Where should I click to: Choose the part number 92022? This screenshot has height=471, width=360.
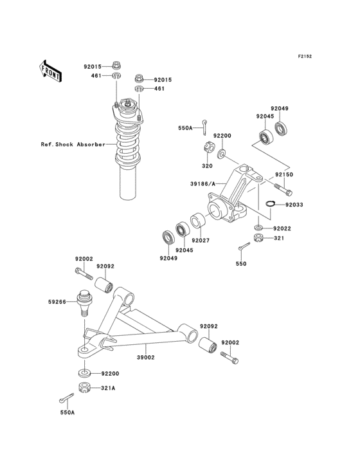281,228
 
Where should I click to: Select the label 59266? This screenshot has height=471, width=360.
57,300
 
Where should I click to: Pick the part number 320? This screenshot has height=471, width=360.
206,165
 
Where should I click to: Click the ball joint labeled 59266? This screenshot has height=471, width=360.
82,302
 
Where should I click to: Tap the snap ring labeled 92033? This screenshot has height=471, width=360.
271,205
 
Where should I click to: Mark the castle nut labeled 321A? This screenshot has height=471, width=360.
84,387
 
